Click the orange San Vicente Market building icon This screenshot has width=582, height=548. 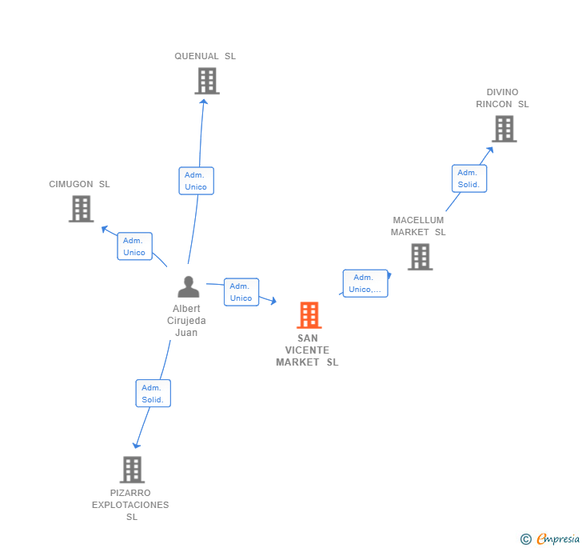coord(309,315)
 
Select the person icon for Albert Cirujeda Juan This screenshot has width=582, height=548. coord(188,286)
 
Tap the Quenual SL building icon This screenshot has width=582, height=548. coord(206,81)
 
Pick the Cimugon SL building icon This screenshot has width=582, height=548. coord(81,209)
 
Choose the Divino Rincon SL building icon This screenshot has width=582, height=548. coord(504,129)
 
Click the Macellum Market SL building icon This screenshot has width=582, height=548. coord(420,257)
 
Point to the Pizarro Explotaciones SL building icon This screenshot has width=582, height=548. coord(132,470)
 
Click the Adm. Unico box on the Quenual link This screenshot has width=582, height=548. coord(196,181)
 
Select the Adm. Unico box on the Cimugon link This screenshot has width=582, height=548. coord(134,246)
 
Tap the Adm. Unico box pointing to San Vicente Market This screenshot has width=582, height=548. coord(241,292)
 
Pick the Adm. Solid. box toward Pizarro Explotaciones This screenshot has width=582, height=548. coord(153,394)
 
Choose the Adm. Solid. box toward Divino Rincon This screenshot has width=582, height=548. coord(468,178)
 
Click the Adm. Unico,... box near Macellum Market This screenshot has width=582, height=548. coord(365,283)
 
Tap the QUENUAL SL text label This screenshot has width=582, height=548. coord(205,56)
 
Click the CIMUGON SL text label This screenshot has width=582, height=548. coord(80,184)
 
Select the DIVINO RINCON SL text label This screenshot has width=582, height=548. coord(502,98)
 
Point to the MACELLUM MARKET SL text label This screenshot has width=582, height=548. coord(418,226)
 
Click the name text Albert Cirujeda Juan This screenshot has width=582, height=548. coord(186,321)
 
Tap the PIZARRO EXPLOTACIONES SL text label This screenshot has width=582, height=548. coord(131,505)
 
